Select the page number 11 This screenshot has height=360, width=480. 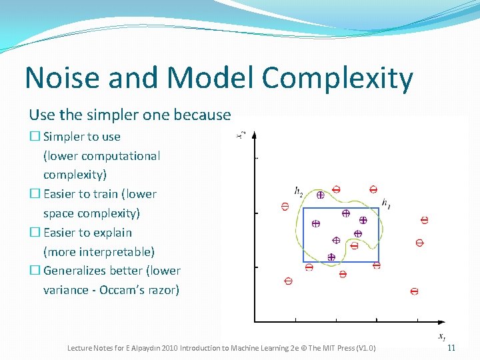[451, 348]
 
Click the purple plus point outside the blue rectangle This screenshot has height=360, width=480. [320, 195]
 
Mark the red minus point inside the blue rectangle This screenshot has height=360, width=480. [354, 245]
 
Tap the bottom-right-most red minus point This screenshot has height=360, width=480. [414, 291]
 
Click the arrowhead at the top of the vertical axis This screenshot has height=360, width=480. [254, 134]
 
